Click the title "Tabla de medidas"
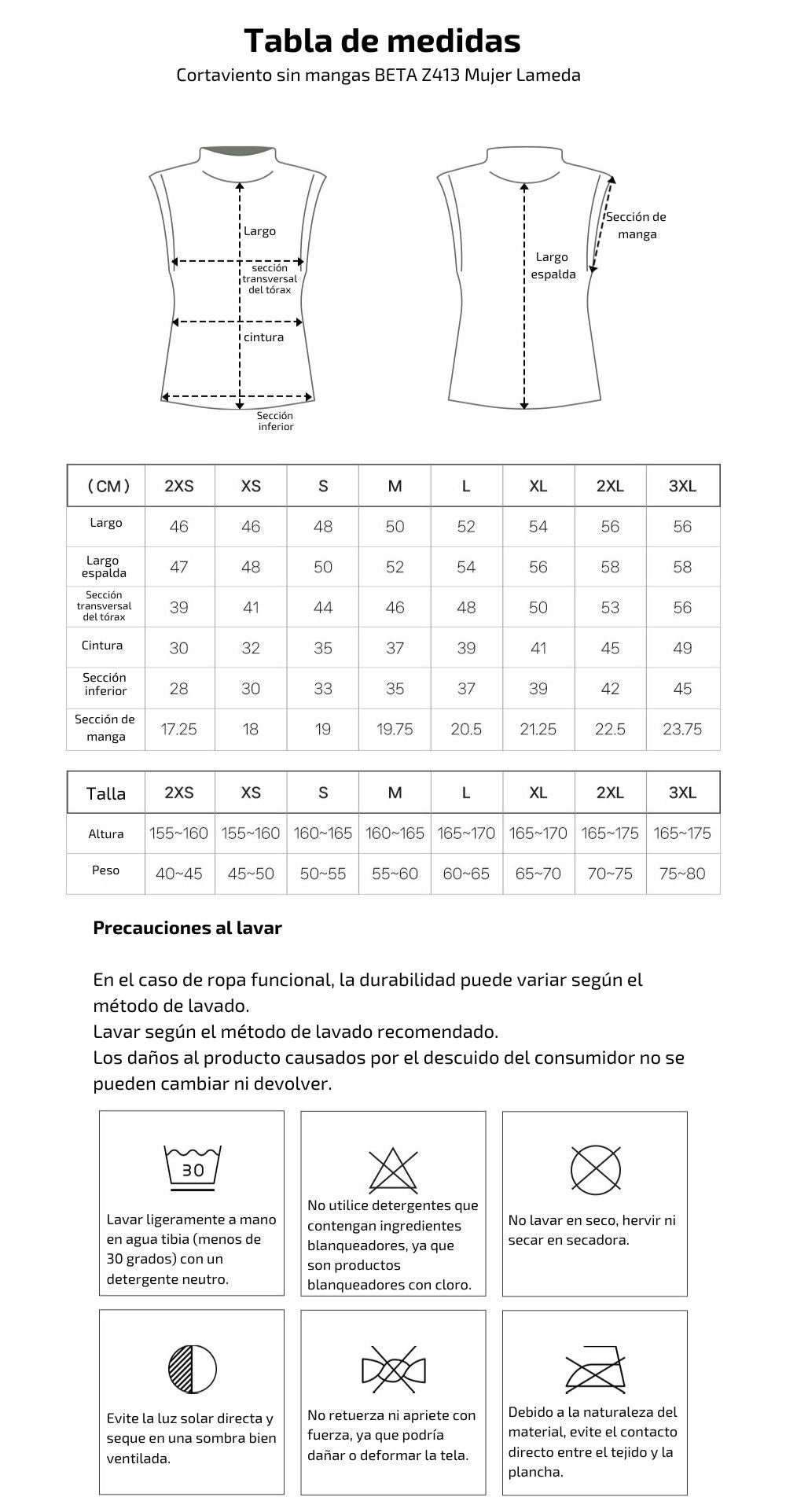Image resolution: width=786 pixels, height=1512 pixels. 382,40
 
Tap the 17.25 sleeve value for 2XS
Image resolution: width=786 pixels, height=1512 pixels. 178,729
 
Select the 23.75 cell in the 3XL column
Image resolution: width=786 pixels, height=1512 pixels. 681,729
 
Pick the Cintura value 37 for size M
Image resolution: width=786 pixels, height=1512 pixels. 395,648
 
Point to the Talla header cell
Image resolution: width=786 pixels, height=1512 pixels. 106,793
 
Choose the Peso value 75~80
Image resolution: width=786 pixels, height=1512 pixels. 681,874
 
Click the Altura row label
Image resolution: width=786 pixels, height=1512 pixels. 106,833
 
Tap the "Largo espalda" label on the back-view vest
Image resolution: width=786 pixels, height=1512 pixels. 553,266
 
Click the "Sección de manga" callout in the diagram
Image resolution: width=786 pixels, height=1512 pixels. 636,226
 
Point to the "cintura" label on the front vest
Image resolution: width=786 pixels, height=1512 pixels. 263,337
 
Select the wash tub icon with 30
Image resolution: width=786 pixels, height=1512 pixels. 193,1168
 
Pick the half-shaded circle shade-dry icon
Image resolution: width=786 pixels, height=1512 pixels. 193,1368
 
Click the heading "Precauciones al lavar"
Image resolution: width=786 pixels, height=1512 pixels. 187,928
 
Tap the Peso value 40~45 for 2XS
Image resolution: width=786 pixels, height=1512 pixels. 178,874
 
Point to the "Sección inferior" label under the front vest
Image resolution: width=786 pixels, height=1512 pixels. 276,421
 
